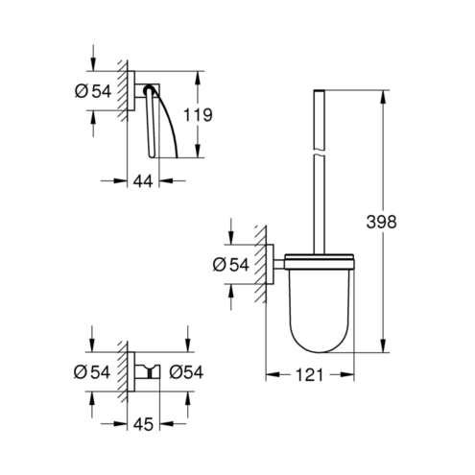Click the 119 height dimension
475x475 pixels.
(x=198, y=115)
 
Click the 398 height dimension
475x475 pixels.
(x=381, y=222)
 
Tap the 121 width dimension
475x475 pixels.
(x=310, y=375)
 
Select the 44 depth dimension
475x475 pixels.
(x=143, y=181)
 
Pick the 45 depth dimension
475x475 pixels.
(x=143, y=424)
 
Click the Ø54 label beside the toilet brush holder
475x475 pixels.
(x=230, y=265)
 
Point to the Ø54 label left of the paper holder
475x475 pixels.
(x=93, y=91)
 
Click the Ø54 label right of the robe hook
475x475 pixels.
(x=186, y=372)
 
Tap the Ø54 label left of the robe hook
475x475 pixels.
(x=92, y=372)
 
